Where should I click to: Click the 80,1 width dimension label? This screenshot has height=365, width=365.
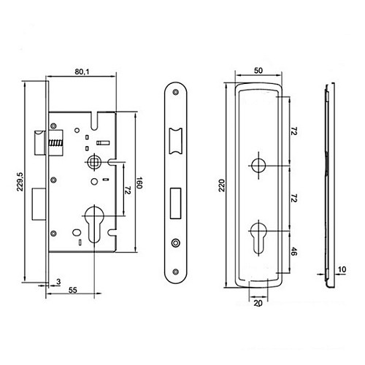click(x=82, y=72)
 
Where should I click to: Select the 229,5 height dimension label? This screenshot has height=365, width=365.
click(x=20, y=182)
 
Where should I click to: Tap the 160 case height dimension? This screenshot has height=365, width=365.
click(x=139, y=182)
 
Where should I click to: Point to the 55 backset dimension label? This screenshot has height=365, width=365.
click(x=72, y=290)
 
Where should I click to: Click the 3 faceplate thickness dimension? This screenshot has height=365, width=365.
click(x=58, y=282)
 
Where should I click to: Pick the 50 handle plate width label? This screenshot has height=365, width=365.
click(x=258, y=70)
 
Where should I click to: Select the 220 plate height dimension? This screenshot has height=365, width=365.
click(x=221, y=185)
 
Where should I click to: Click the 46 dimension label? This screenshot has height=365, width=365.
click(x=294, y=252)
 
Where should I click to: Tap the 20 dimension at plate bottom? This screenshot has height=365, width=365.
click(x=258, y=303)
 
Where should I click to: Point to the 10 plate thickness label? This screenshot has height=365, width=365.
click(x=342, y=269)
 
